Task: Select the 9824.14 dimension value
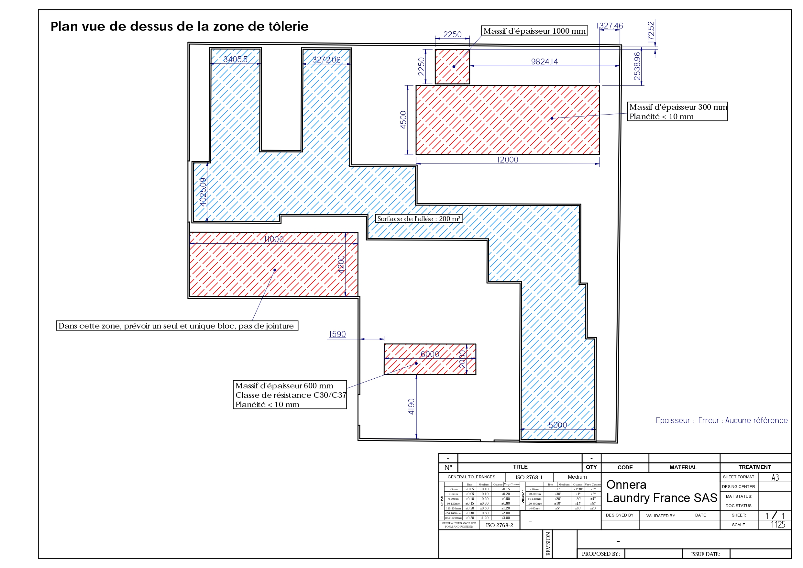[x=544, y=62]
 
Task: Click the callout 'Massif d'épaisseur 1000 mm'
[x=534, y=31]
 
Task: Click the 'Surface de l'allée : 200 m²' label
[x=418, y=219]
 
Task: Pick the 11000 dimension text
[x=274, y=239]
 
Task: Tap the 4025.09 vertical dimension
[x=203, y=192]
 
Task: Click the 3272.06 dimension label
[x=326, y=60]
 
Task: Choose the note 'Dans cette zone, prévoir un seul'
[x=177, y=326]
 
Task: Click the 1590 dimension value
[x=337, y=334]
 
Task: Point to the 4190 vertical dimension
[x=412, y=406]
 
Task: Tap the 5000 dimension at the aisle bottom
[x=557, y=425]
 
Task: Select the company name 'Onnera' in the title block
[x=626, y=485]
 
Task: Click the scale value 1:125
[x=778, y=525]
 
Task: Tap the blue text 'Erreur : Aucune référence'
[x=742, y=420]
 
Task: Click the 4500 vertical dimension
[x=403, y=120]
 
